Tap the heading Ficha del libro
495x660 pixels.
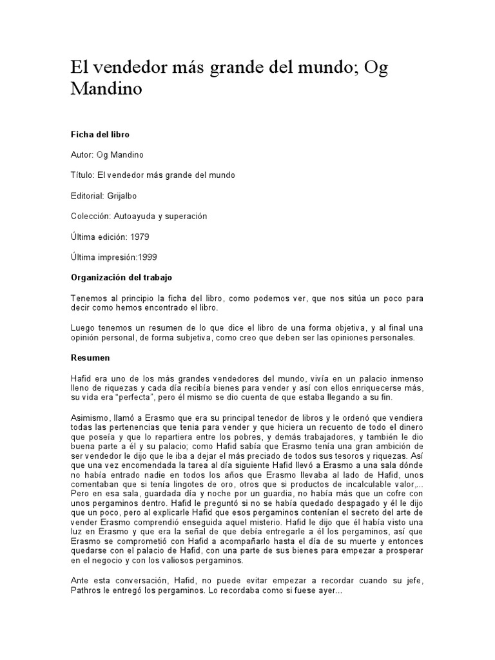pyautogui.click(x=99, y=135)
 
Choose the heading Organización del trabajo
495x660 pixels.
pyautogui.click(x=121, y=278)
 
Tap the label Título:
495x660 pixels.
pyautogui.click(x=82, y=175)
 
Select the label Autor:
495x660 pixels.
pyautogui.click(x=81, y=155)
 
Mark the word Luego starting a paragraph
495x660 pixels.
pyautogui.click(x=82, y=327)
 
